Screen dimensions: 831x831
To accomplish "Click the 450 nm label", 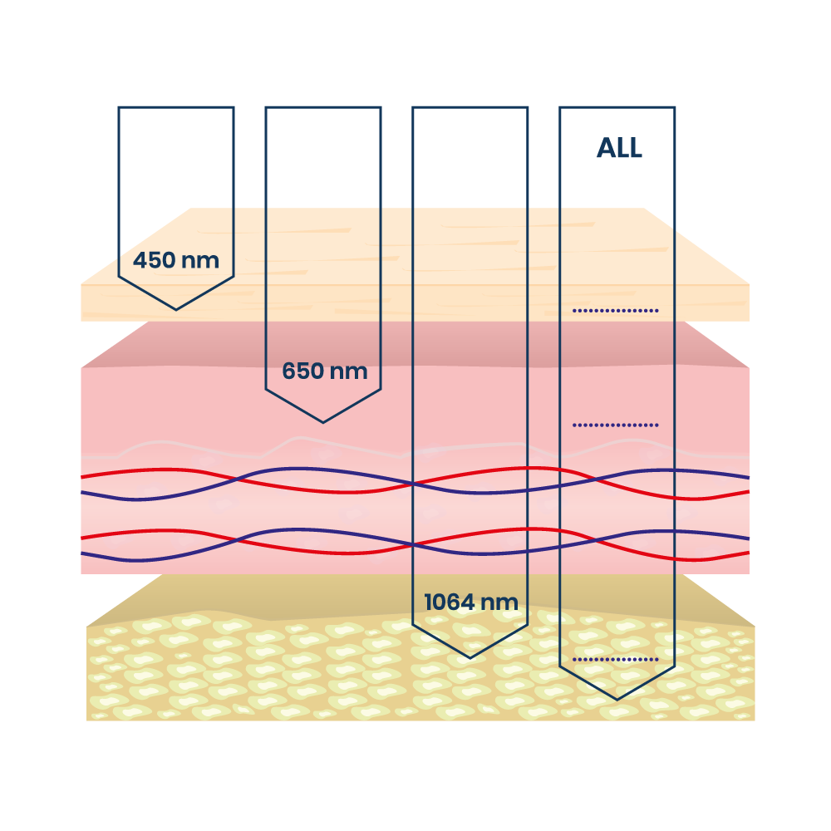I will (176, 261).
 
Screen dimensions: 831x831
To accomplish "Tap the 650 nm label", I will (324, 371).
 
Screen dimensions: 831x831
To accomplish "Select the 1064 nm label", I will (471, 602).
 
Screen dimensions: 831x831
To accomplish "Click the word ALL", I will (619, 149).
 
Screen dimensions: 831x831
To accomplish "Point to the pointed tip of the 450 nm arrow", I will (176, 309).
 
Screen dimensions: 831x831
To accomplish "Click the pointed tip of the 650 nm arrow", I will (323, 422).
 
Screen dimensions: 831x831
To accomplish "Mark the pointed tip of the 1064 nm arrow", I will (470, 657).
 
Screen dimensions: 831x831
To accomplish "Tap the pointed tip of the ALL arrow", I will (617, 699).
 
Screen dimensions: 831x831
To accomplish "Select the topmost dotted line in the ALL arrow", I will (616, 311).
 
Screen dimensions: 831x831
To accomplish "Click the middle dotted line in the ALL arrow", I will (616, 425).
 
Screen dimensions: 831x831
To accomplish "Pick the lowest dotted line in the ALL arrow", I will (616, 660).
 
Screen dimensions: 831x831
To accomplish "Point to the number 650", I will (302, 371).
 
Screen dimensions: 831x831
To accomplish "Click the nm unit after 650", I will (349, 371).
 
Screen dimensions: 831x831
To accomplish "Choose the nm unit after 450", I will (200, 261).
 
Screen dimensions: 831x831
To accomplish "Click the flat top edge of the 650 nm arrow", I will (323, 107).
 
